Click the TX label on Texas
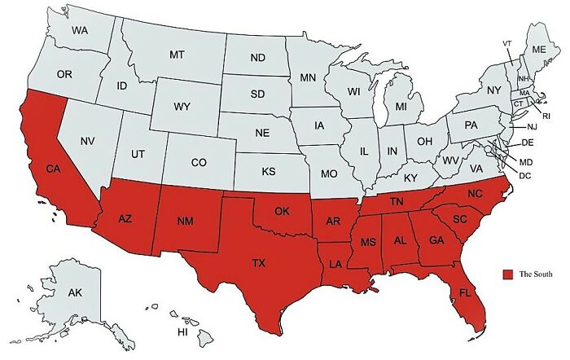(x=258, y=263)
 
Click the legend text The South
(x=536, y=274)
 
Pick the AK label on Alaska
(x=75, y=292)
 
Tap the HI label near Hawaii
(x=183, y=333)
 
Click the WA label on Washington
(x=80, y=31)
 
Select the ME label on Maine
(x=539, y=49)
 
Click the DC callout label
(x=525, y=175)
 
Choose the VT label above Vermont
(x=507, y=42)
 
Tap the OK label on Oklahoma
(x=282, y=211)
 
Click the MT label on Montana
(x=178, y=55)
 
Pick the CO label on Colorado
(x=199, y=162)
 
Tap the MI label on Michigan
(x=401, y=107)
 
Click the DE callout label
(x=527, y=143)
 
